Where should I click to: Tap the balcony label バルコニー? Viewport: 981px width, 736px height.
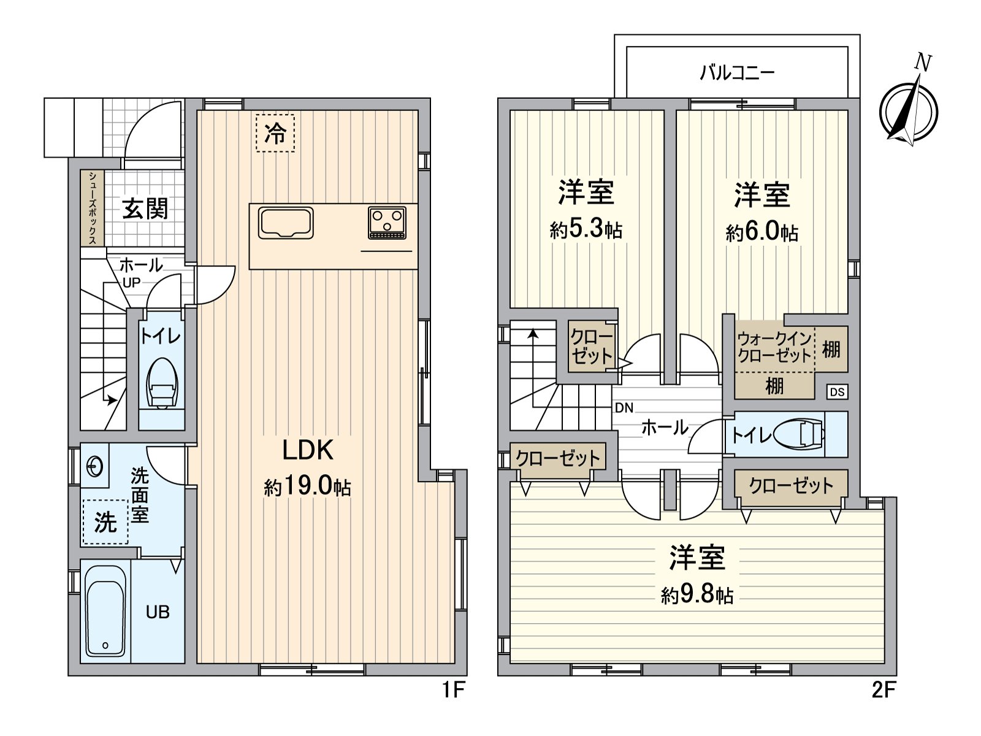[737, 73]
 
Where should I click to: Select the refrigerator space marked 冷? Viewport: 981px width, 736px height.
[275, 133]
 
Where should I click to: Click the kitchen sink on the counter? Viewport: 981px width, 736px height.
[286, 223]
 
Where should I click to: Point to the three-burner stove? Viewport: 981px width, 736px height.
[387, 223]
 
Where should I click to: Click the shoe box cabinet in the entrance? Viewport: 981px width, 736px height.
[92, 208]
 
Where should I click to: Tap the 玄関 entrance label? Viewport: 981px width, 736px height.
[145, 209]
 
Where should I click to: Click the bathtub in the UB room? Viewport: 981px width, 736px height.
[105, 611]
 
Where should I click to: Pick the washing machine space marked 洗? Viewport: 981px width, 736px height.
[105, 521]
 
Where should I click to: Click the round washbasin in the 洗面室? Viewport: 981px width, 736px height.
[95, 467]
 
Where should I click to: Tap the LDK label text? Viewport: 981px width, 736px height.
[308, 450]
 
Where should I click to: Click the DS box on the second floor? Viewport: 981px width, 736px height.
[837, 392]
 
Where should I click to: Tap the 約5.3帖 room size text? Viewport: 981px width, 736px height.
[586, 230]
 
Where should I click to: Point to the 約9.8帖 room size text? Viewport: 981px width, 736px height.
[697, 595]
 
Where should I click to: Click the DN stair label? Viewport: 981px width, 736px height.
[624, 407]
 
